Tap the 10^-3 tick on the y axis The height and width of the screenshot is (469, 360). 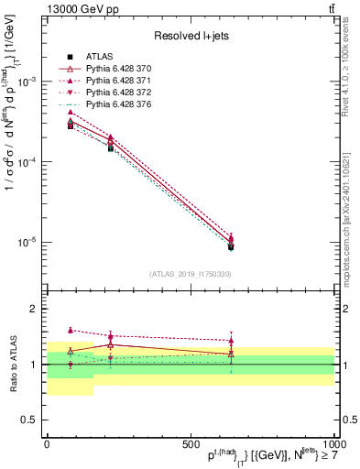(x=27, y=82)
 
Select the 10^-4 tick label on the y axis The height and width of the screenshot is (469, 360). (x=27, y=162)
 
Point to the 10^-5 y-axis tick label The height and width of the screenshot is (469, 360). (x=27, y=243)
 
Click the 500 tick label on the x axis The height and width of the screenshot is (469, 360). (x=191, y=443)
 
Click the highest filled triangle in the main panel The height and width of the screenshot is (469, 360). (x=71, y=112)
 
